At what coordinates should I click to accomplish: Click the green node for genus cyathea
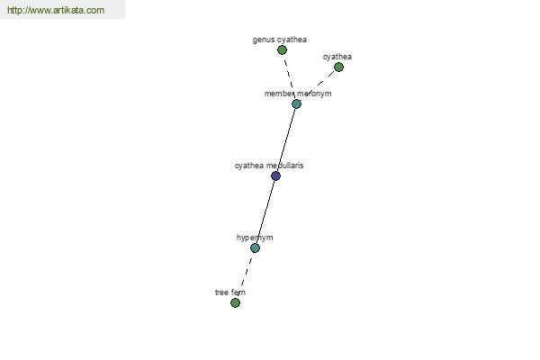[282, 50]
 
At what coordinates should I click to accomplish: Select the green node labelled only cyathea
[338, 67]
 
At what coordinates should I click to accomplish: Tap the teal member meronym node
[296, 103]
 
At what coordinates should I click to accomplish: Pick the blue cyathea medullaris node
[275, 176]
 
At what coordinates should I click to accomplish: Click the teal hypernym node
[255, 248]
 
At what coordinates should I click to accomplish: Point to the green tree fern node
[235, 302]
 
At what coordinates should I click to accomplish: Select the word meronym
[314, 94]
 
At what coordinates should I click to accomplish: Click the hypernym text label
[255, 238]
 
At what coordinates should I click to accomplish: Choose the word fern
[238, 292]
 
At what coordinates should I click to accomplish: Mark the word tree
[221, 292]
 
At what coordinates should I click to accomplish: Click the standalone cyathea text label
[337, 57]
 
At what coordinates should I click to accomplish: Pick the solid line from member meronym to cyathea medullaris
[286, 139]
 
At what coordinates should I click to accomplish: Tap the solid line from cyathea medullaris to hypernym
[265, 211]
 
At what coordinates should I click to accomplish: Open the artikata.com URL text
[56, 10]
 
